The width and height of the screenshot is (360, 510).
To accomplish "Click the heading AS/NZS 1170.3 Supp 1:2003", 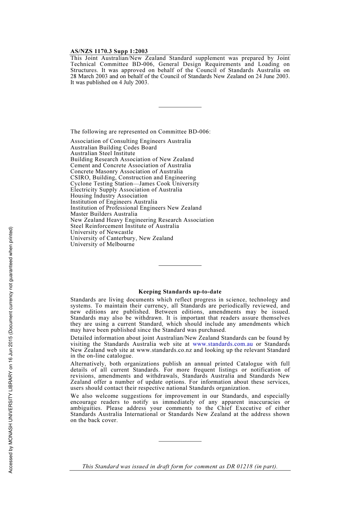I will (x=109, y=51).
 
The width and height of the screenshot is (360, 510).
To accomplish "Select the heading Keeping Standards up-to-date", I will (x=180, y=292).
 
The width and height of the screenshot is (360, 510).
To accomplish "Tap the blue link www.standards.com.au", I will (x=223, y=344).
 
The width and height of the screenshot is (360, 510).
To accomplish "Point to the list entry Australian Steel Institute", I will (x=103, y=153).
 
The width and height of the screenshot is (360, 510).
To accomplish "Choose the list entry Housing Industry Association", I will (x=109, y=196).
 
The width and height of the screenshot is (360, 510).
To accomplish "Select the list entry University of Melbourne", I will (x=102, y=244).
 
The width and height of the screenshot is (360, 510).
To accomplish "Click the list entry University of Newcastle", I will (x=102, y=232).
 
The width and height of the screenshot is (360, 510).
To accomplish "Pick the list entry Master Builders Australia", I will (x=104, y=214).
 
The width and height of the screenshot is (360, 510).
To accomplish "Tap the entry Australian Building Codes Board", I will (x=113, y=148).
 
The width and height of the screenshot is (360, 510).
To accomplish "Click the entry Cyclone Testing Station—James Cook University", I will (x=135, y=184).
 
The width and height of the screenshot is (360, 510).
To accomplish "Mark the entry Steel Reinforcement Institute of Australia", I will (x=124, y=226).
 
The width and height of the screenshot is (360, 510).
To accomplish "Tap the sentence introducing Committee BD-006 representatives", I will (x=140, y=132).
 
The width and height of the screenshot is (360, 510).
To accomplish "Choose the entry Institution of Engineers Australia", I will (x=114, y=202).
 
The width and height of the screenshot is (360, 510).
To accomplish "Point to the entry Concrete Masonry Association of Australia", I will (x=126, y=171).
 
